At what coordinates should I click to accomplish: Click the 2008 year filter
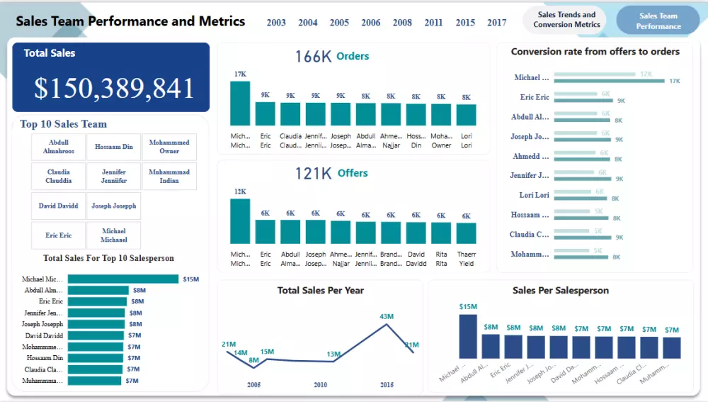[402, 23]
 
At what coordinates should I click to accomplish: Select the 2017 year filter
[496, 23]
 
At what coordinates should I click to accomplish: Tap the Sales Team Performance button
[658, 21]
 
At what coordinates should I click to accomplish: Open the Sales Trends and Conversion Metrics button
[566, 20]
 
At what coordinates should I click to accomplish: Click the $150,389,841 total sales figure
[114, 88]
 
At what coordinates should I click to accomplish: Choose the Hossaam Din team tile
[114, 147]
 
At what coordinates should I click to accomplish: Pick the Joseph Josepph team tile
[114, 206]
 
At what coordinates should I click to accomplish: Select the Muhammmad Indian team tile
[169, 176]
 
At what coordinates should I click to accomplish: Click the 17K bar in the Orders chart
[240, 104]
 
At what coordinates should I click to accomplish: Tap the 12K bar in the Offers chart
[240, 221]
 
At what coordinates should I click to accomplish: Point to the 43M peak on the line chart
[386, 325]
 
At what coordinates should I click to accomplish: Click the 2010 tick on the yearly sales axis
[320, 384]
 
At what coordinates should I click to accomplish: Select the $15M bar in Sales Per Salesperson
[468, 336]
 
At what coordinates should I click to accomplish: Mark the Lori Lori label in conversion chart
[534, 195]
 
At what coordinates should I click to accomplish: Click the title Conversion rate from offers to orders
[595, 52]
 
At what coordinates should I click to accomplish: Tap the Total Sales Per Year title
[320, 290]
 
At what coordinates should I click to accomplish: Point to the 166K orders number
[313, 57]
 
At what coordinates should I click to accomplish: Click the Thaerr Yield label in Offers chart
[466, 259]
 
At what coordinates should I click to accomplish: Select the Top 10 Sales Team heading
[63, 124]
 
